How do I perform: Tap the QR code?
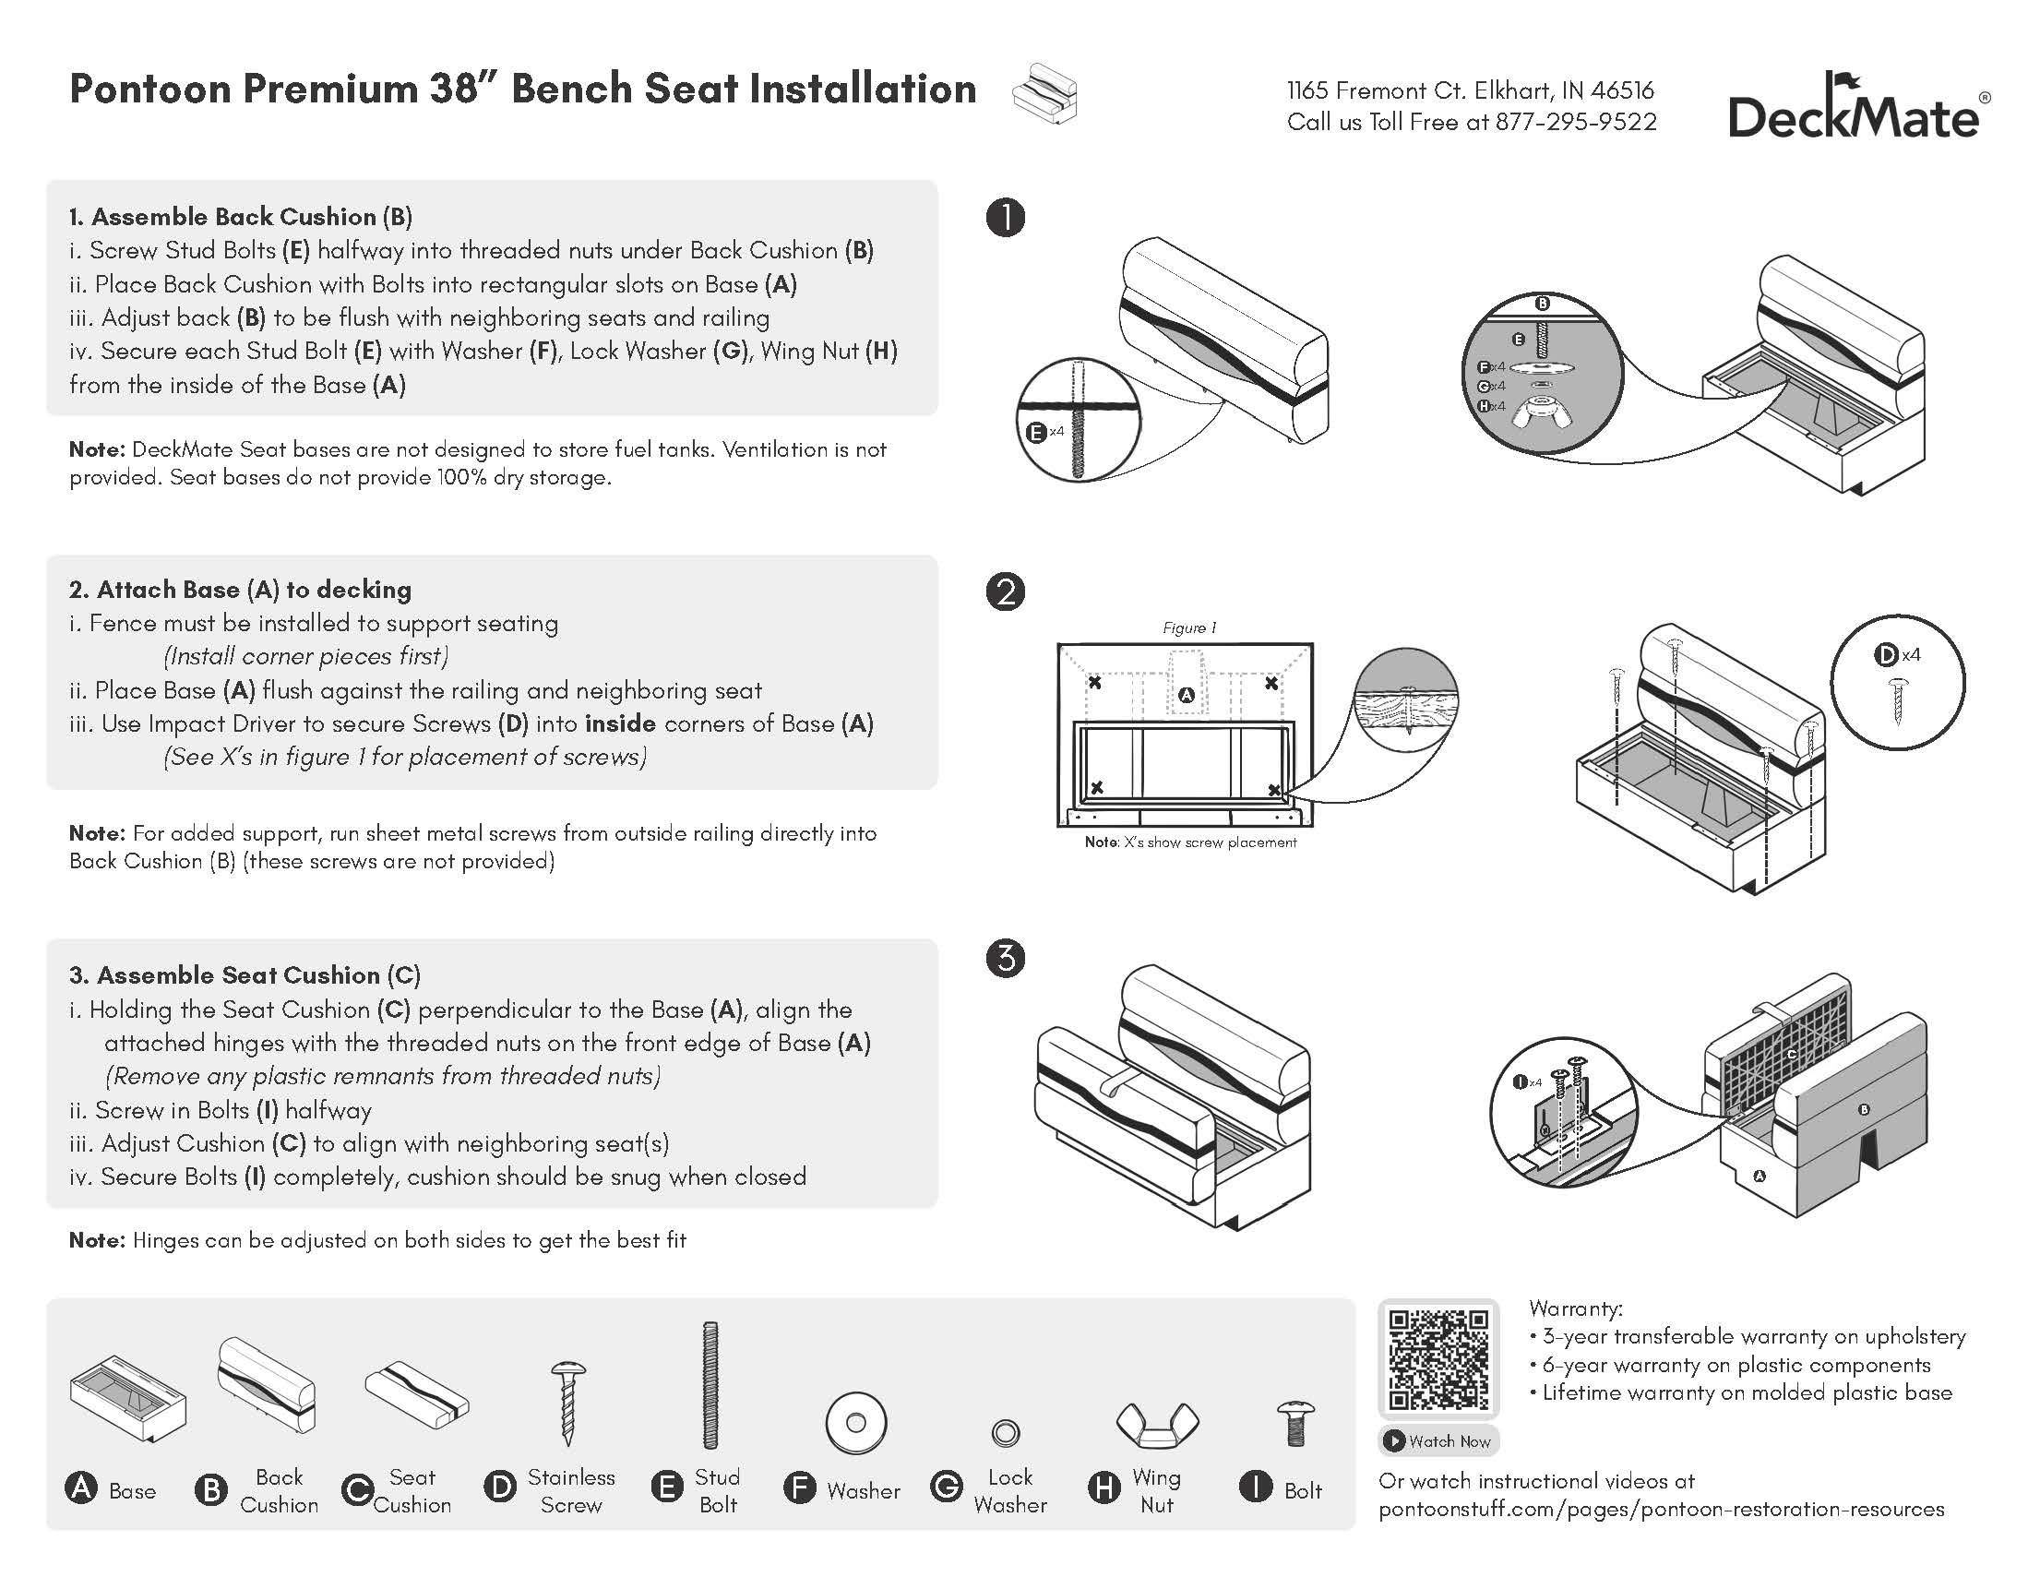pyautogui.click(x=1438, y=1358)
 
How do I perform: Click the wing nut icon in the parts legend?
pyautogui.click(x=1156, y=1425)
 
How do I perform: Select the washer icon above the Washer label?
pyautogui.click(x=854, y=1424)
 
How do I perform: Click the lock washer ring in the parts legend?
pyautogui.click(x=1005, y=1431)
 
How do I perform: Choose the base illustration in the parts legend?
pyautogui.click(x=128, y=1397)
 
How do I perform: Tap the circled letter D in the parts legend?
pyautogui.click(x=501, y=1487)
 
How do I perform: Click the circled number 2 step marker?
pyautogui.click(x=1005, y=591)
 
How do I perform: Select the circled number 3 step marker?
pyautogui.click(x=1005, y=959)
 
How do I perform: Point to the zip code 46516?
pyautogui.click(x=1621, y=90)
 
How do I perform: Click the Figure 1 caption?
pyautogui.click(x=1189, y=627)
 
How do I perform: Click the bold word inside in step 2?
pyautogui.click(x=619, y=723)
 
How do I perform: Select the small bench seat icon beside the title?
pyautogui.click(x=1045, y=93)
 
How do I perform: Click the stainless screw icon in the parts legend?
pyautogui.click(x=569, y=1403)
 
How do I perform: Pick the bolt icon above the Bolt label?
pyautogui.click(x=1295, y=1423)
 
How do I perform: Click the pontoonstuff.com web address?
pyautogui.click(x=1661, y=1509)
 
